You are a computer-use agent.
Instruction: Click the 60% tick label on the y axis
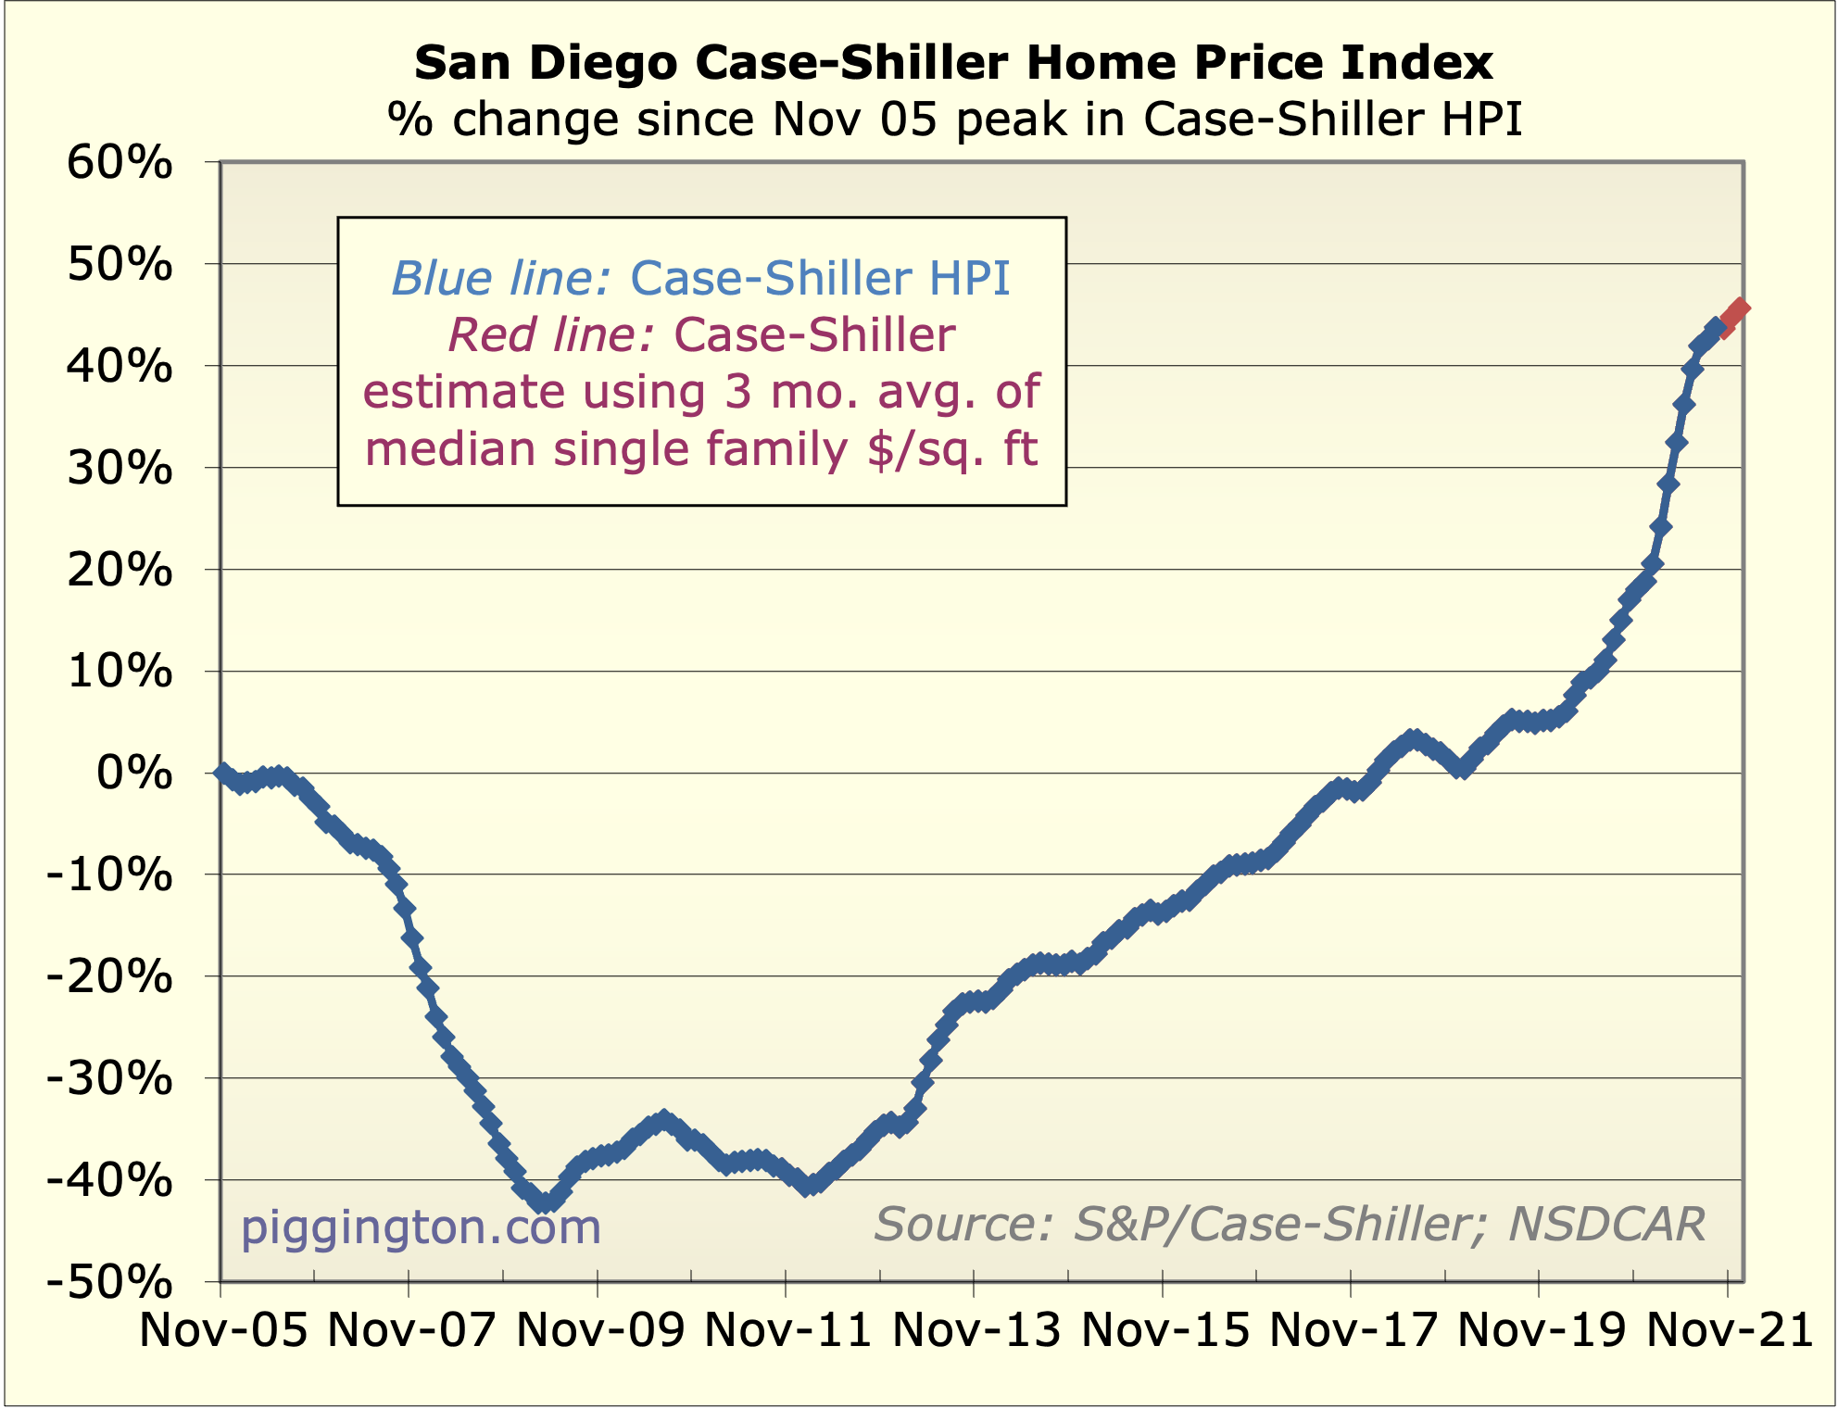click(120, 164)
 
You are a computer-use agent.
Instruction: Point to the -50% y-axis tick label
click(109, 1284)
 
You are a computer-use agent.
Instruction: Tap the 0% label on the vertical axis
click(134, 774)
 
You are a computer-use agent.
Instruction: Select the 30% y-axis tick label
click(120, 469)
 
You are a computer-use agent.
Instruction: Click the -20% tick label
click(109, 978)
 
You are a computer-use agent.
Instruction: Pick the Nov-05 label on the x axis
click(222, 1331)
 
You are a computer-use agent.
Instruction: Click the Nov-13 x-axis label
click(976, 1331)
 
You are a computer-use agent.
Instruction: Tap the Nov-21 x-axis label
click(1729, 1331)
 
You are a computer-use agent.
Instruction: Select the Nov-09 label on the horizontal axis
click(599, 1331)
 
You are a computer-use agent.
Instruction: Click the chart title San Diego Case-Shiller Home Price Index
click(953, 63)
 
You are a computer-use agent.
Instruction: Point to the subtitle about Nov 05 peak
click(954, 120)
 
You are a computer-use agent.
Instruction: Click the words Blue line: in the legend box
click(500, 278)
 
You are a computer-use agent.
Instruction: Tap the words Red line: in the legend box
click(552, 335)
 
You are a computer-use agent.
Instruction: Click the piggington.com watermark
click(421, 1227)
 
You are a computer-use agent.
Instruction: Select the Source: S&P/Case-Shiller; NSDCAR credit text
click(1289, 1225)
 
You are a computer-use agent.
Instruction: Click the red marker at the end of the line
click(1739, 309)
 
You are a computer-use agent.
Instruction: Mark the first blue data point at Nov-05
click(222, 773)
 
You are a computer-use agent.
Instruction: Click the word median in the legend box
click(450, 449)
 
